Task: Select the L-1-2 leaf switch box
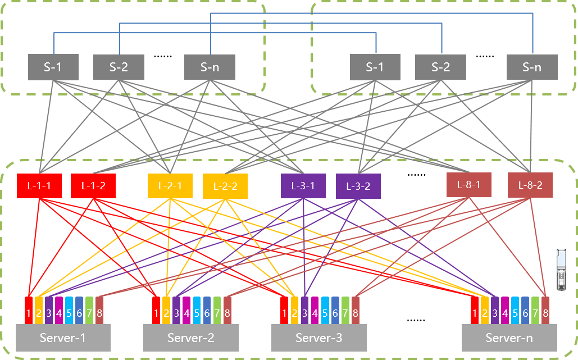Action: coord(93,186)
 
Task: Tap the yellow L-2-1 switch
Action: coord(170,185)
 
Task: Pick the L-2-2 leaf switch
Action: coord(225,186)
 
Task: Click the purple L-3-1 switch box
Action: coord(303,186)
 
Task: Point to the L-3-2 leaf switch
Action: coord(358,186)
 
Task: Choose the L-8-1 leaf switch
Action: coord(469,185)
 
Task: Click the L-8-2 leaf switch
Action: coord(530,185)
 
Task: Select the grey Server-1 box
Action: coord(63,338)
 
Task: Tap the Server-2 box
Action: coord(191,338)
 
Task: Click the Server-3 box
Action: coord(319,338)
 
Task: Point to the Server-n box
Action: coord(509,338)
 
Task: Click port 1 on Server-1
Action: coord(29,312)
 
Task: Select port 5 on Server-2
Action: coord(197,312)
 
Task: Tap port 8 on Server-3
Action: coord(356,312)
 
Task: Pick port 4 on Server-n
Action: coord(505,312)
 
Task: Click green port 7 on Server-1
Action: coord(89,312)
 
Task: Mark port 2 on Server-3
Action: coord(294,312)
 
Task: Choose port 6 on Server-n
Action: coord(525,312)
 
